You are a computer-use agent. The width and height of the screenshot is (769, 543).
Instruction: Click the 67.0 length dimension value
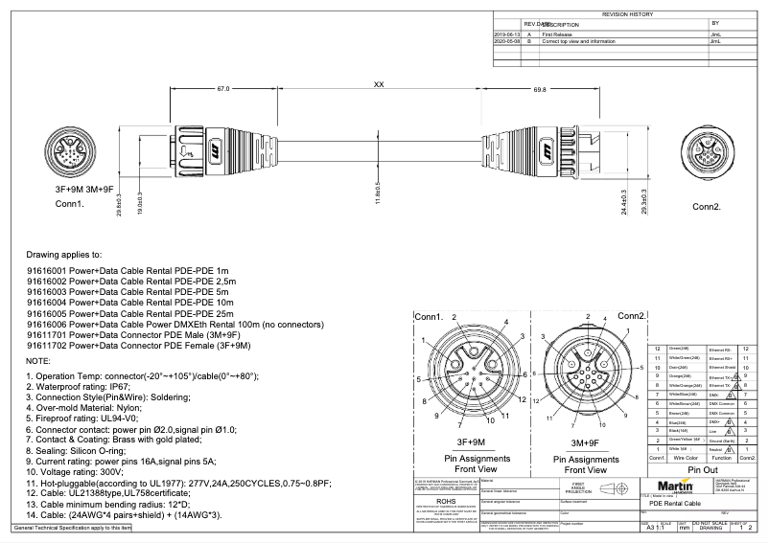click(222, 88)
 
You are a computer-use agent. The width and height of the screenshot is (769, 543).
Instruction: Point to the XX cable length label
click(379, 85)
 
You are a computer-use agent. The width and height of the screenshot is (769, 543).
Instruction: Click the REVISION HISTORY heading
click(627, 15)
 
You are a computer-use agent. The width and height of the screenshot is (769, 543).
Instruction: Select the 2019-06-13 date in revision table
click(505, 34)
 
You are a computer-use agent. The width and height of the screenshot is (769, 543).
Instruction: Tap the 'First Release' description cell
click(561, 34)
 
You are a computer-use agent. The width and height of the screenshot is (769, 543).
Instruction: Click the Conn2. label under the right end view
click(707, 206)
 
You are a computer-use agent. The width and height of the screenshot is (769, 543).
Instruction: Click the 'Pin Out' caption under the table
click(703, 470)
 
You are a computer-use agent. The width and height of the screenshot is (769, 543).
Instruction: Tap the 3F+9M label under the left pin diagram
click(469, 442)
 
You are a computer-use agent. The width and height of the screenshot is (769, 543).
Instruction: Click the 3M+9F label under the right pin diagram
click(585, 442)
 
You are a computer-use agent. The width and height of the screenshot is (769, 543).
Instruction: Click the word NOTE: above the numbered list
click(38, 360)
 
